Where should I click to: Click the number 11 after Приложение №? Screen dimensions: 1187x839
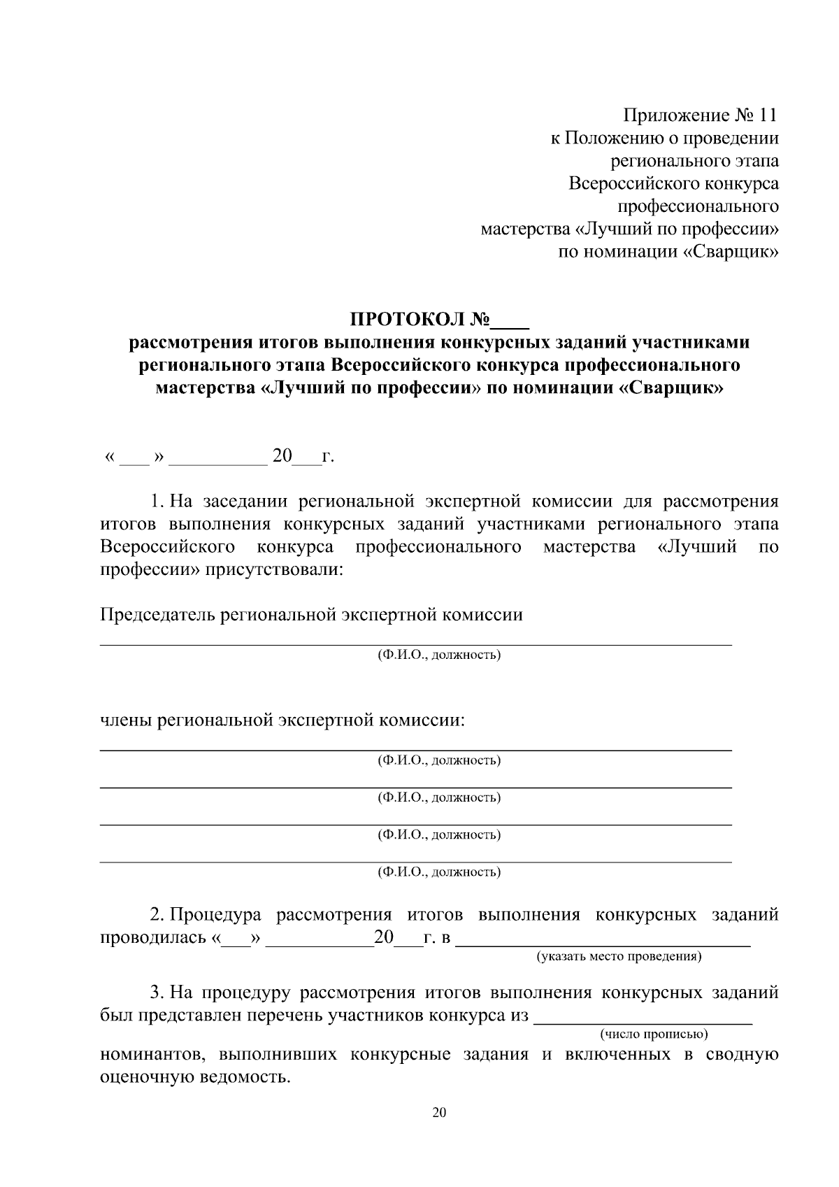(x=767, y=115)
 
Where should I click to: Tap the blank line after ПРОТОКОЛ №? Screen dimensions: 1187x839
(x=511, y=323)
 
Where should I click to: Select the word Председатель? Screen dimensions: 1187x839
(x=157, y=615)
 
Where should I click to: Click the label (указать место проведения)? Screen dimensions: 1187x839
(x=619, y=955)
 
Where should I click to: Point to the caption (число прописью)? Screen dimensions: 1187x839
(x=654, y=1033)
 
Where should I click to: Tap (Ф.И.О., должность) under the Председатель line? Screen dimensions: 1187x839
(x=439, y=655)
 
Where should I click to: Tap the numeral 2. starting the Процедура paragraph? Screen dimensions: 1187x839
(x=157, y=915)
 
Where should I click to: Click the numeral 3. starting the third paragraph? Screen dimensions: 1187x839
(x=157, y=993)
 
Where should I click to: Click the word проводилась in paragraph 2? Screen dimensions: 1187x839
(x=152, y=937)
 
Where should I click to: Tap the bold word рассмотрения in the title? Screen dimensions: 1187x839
(x=182, y=343)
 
